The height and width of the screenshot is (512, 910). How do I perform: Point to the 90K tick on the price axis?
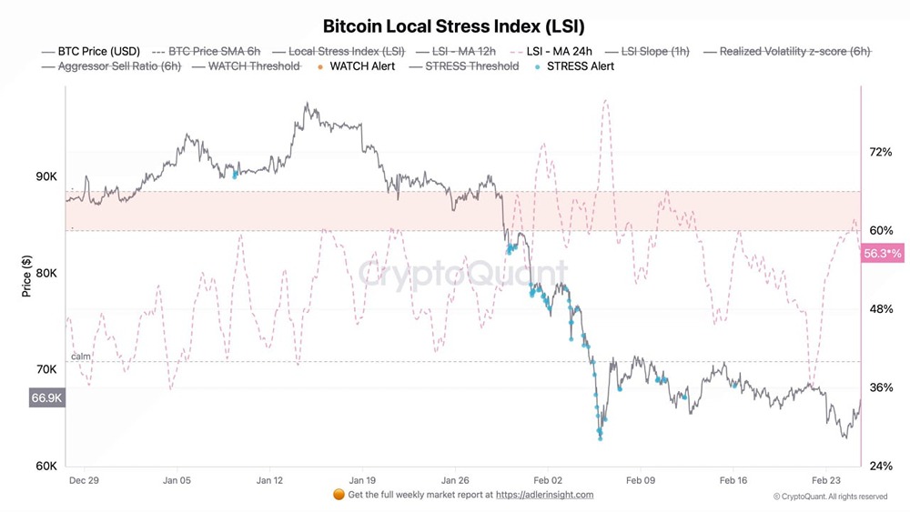[46, 176]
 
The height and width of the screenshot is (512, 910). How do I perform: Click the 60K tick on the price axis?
[46, 467]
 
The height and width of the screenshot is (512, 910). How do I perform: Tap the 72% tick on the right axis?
[881, 152]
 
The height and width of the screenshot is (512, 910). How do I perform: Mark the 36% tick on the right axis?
[881, 387]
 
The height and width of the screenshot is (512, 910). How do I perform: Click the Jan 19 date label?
[363, 480]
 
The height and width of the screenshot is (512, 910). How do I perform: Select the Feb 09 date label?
[641, 480]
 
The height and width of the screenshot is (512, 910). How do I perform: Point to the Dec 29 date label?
[84, 480]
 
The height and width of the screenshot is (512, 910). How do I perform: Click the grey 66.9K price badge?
[46, 397]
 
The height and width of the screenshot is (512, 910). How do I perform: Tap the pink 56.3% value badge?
[881, 254]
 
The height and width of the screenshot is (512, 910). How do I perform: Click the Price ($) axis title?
[25, 276]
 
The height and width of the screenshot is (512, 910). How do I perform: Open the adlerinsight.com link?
[545, 495]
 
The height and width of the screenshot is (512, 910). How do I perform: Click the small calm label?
[81, 356]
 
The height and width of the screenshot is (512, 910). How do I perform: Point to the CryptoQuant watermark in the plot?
[461, 274]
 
